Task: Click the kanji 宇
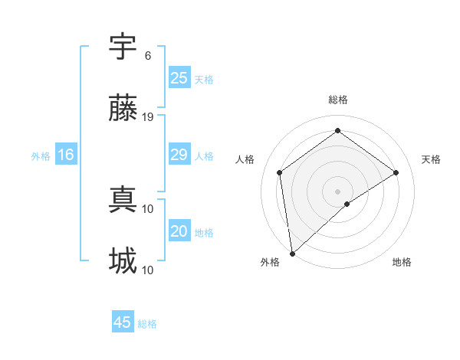click(123, 47)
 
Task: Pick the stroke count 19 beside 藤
click(149, 116)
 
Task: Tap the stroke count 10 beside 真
click(149, 208)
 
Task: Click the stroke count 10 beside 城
click(149, 270)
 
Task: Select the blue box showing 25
click(179, 77)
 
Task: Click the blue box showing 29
click(179, 155)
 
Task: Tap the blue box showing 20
click(179, 231)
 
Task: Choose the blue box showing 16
click(66, 155)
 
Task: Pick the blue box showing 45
click(123, 322)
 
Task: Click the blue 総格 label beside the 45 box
click(147, 324)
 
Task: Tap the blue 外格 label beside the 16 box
click(41, 156)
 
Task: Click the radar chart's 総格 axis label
click(337, 100)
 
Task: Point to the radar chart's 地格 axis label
click(402, 263)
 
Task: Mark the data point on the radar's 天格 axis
click(396, 172)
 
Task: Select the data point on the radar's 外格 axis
click(292, 253)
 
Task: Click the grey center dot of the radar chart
click(337, 191)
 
